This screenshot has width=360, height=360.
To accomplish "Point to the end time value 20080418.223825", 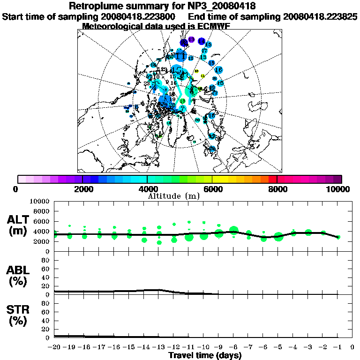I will [x=320, y=16].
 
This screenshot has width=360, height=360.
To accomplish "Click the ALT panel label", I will [x=19, y=220].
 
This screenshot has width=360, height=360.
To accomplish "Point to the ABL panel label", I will [x=19, y=270].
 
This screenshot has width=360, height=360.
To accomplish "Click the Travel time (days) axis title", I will [x=205, y=355].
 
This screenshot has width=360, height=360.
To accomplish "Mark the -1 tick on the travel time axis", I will [x=337, y=347].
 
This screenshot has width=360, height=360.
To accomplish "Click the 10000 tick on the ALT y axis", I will [x=40, y=201].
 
